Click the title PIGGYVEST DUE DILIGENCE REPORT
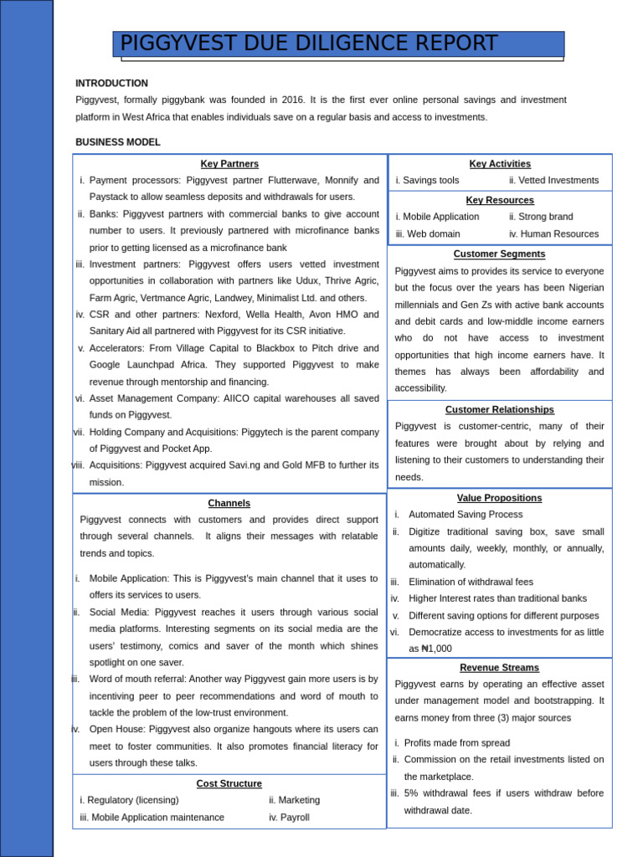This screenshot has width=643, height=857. tap(308, 44)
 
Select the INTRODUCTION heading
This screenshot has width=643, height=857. tap(111, 84)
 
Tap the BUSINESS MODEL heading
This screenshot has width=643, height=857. tap(117, 142)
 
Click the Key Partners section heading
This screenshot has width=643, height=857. tap(229, 164)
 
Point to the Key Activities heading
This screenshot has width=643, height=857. tap(500, 164)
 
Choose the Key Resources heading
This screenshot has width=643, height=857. tap(500, 201)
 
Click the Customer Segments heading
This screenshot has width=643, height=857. tap(499, 254)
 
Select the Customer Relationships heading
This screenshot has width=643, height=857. tap(499, 410)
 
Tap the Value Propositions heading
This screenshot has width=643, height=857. tap(499, 498)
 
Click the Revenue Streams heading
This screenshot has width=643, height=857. tap(499, 668)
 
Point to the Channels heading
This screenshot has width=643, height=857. tap(229, 503)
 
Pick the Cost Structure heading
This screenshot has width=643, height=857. tap(229, 783)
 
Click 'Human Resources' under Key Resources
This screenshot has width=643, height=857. tap(558, 234)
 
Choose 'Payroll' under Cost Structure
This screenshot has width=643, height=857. tap(294, 818)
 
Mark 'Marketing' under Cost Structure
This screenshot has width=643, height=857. tap(299, 800)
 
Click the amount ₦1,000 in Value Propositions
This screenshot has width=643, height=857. tap(435, 649)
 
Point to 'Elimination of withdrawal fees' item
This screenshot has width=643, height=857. tap(471, 582)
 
